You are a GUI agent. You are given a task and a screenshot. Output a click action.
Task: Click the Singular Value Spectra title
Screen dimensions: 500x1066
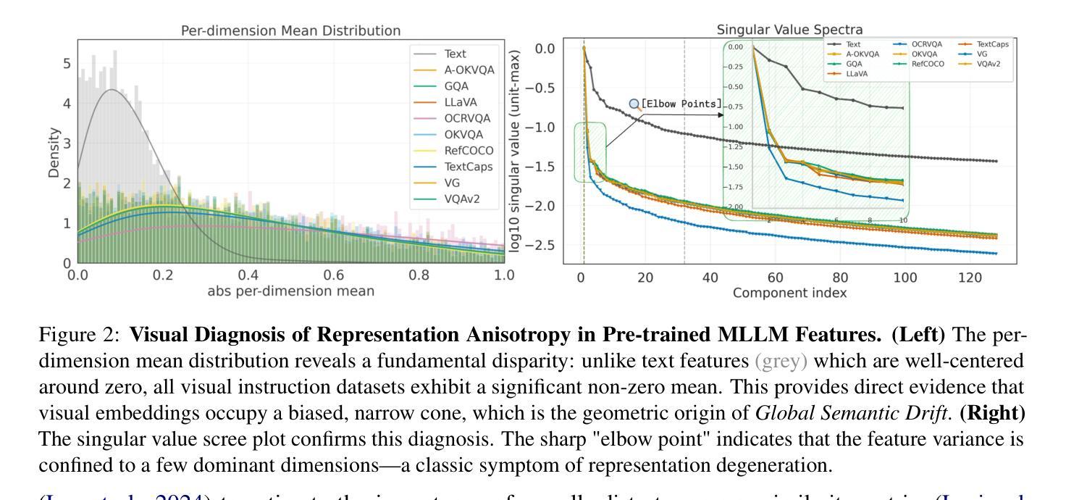click(776, 30)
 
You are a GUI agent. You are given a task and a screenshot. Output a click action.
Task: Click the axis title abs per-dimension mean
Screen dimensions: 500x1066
click(290, 292)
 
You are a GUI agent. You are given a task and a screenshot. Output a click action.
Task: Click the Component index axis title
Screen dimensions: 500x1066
click(779, 293)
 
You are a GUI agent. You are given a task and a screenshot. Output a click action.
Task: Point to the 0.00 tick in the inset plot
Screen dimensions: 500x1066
click(736, 46)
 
